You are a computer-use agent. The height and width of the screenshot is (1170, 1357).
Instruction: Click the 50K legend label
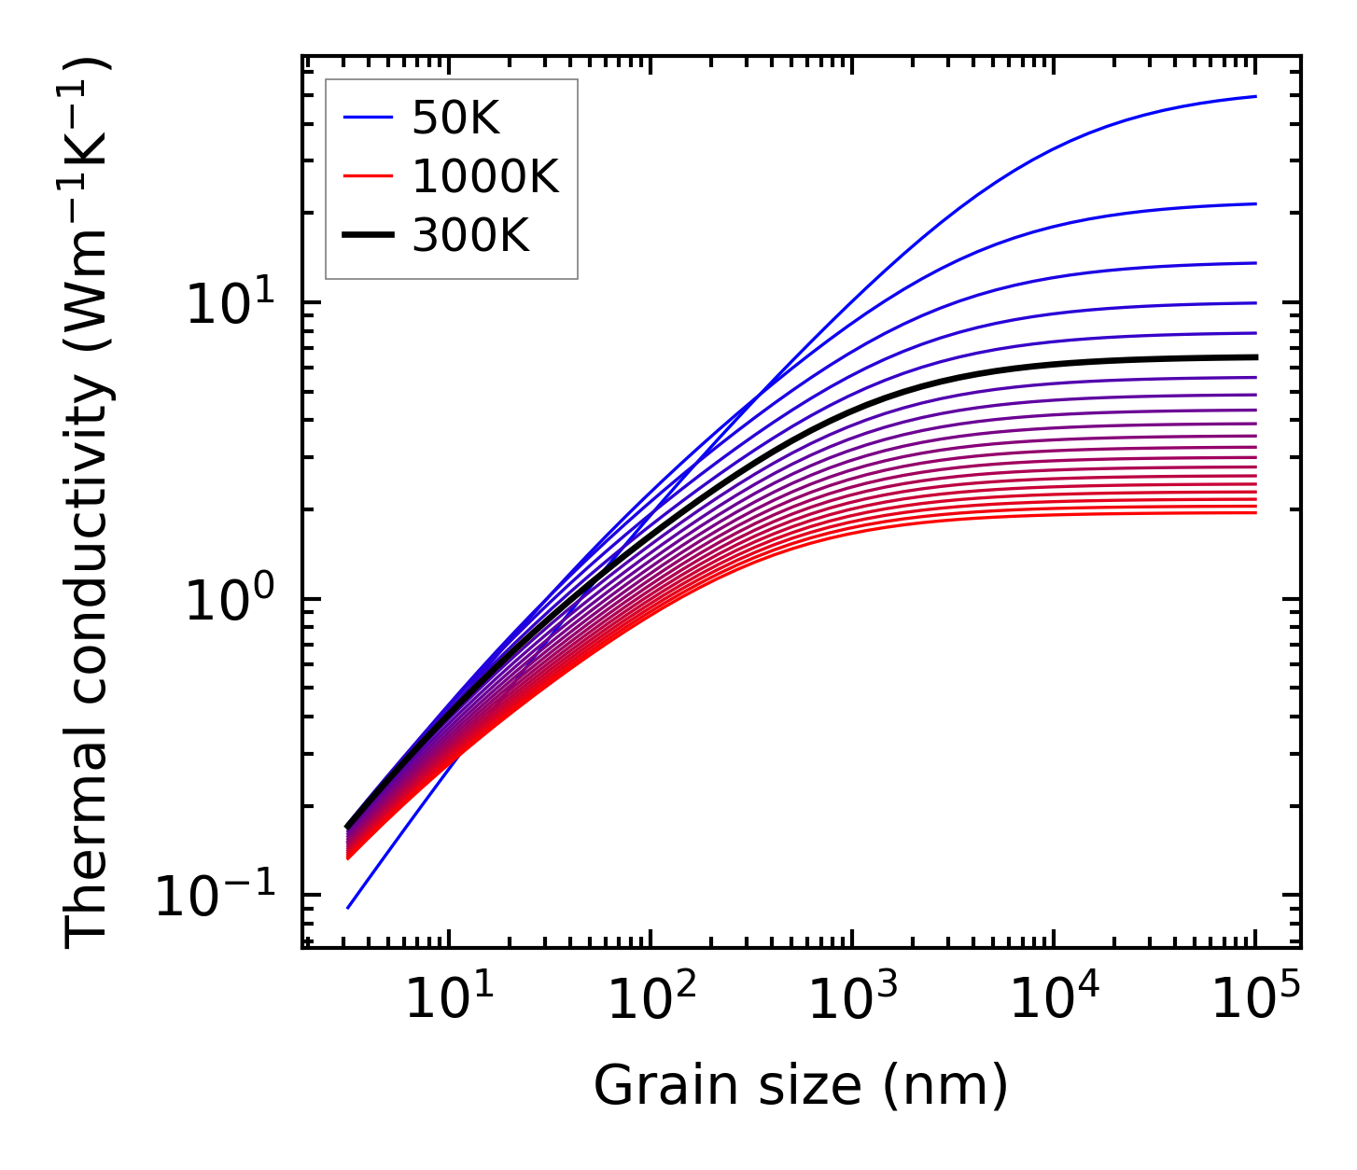455,118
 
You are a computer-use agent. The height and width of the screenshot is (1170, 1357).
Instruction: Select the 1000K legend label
485,177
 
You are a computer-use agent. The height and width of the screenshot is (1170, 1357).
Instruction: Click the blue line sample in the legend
369,118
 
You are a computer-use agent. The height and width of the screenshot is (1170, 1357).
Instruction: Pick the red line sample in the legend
369,177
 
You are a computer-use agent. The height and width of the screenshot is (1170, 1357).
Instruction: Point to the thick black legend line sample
369,236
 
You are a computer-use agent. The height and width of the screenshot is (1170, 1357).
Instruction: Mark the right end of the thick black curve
1256,357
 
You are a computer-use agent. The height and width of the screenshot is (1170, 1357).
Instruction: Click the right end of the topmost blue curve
1256,96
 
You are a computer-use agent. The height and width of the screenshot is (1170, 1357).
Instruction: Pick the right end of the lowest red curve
1256,512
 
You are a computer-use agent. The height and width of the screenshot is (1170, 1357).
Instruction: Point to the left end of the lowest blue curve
347,908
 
